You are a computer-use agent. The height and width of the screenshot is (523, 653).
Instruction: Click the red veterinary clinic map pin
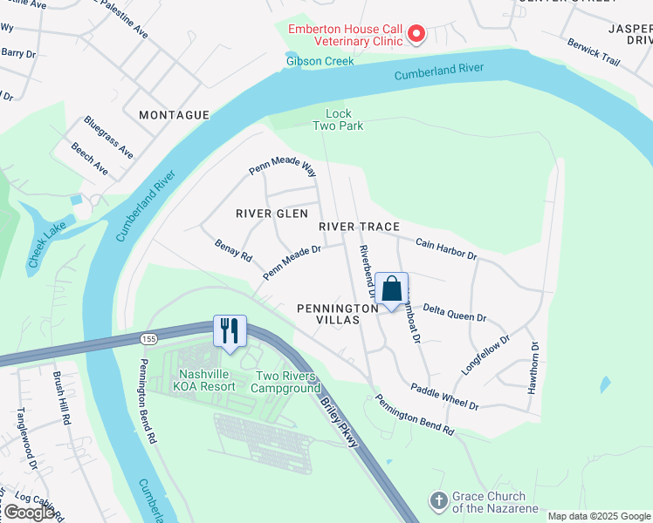416,34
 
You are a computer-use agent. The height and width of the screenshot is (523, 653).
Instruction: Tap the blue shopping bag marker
393,289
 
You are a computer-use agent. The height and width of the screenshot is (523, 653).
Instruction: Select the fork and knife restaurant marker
230,332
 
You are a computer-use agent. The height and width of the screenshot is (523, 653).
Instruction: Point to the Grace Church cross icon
438,501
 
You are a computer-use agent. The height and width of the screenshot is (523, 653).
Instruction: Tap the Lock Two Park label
338,119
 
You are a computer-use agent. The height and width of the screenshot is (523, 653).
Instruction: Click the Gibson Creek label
320,61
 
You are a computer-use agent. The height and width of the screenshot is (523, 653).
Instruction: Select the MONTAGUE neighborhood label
175,115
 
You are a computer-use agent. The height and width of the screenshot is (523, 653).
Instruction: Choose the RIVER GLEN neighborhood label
272,214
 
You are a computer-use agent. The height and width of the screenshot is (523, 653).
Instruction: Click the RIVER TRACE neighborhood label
359,227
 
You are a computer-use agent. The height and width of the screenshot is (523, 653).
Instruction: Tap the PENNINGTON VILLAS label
340,315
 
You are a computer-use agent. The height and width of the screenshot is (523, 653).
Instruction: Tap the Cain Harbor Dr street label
446,250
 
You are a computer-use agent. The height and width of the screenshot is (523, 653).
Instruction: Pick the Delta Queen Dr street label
454,313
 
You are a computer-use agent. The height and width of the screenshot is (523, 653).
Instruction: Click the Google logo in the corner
29,513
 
